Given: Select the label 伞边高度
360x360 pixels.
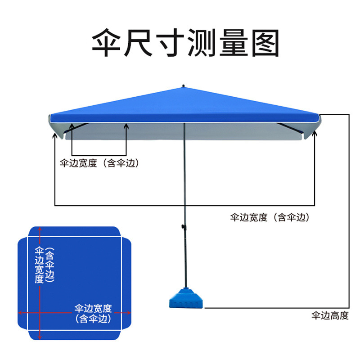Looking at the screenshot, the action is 330,315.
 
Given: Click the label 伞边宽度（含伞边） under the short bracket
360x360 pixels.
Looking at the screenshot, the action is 99,163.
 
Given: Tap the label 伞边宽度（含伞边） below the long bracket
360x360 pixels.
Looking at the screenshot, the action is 270,218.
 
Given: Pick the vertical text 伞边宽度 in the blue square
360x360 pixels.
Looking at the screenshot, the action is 40,264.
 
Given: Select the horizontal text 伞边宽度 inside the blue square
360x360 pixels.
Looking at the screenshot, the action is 93,309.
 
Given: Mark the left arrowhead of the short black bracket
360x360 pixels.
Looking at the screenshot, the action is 72,128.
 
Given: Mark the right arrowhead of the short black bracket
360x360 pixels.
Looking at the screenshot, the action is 126,128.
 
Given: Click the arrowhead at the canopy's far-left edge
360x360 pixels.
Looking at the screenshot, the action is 55,135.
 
